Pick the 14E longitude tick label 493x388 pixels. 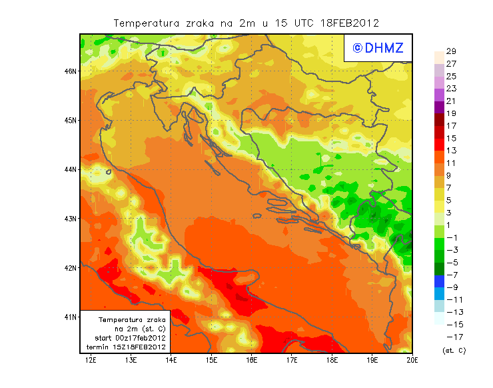click(x=171, y=361)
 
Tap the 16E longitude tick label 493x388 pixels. click(x=252, y=361)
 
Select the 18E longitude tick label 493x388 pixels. click(x=332, y=361)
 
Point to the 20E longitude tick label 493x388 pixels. click(x=412, y=361)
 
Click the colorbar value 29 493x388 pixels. click(x=450, y=51)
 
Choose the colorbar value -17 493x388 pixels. click(x=450, y=337)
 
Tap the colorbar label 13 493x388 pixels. click(x=450, y=151)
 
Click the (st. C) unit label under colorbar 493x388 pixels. click(x=454, y=350)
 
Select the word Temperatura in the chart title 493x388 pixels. click(x=146, y=23)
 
